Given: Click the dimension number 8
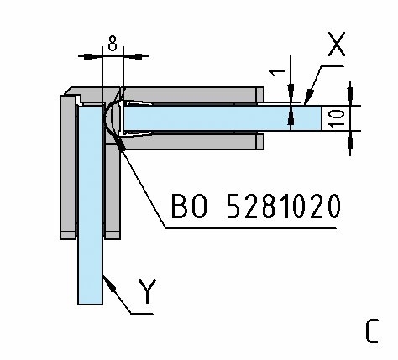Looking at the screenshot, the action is click(113, 44).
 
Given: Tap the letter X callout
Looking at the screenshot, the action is click(337, 44).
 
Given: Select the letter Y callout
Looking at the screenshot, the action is click(147, 291).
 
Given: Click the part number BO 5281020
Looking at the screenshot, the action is click(256, 206).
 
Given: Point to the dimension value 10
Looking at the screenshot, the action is click(336, 118).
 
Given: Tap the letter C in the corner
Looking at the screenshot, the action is click(372, 331).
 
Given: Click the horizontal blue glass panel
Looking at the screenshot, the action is click(223, 118).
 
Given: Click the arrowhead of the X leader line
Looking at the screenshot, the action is click(308, 97).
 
